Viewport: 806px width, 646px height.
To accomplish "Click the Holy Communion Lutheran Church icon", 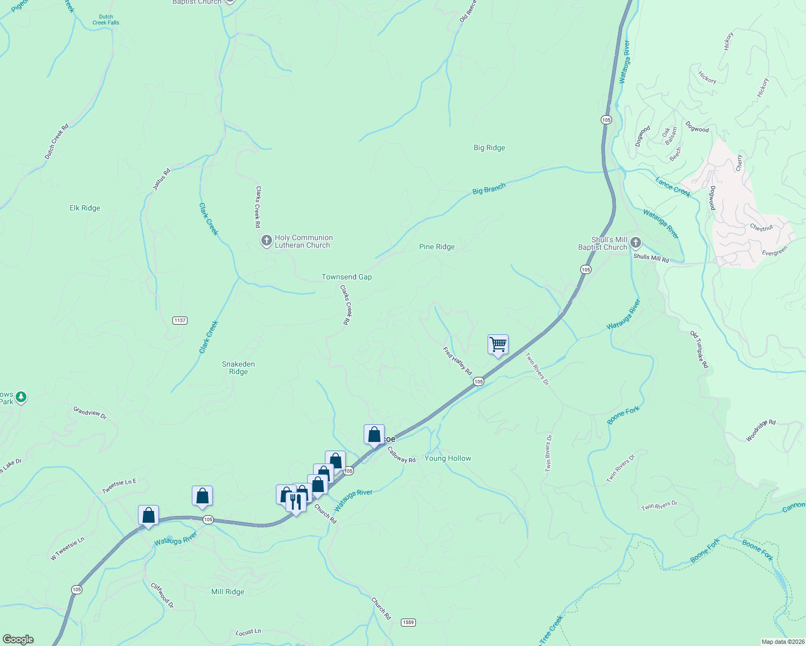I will tap(266, 241).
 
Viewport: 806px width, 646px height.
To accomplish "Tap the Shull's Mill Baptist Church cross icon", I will tap(636, 243).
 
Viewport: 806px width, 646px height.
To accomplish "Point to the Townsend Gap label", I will tap(346, 277).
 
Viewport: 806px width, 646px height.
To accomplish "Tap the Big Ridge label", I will tap(489, 148).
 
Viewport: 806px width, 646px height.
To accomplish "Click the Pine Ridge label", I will tap(437, 247).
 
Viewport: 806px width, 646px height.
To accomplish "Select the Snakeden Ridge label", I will tap(238, 368).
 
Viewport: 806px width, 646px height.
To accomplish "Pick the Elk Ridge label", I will tap(85, 208).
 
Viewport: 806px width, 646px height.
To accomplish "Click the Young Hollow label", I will tap(448, 458).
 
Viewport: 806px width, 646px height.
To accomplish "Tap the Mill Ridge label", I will tap(227, 592).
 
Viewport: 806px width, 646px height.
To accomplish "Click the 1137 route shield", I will tap(180, 320).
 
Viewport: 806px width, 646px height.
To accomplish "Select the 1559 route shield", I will tap(408, 622).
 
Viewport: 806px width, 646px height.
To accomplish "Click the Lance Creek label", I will tap(672, 187).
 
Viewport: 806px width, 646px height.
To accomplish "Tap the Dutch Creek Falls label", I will tap(106, 20).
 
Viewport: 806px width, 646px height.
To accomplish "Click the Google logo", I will tap(18, 640).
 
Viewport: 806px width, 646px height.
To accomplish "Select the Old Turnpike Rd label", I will tap(699, 350).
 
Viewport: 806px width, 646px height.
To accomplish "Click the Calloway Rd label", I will tap(401, 455).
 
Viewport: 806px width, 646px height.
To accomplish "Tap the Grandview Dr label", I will tap(90, 413).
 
